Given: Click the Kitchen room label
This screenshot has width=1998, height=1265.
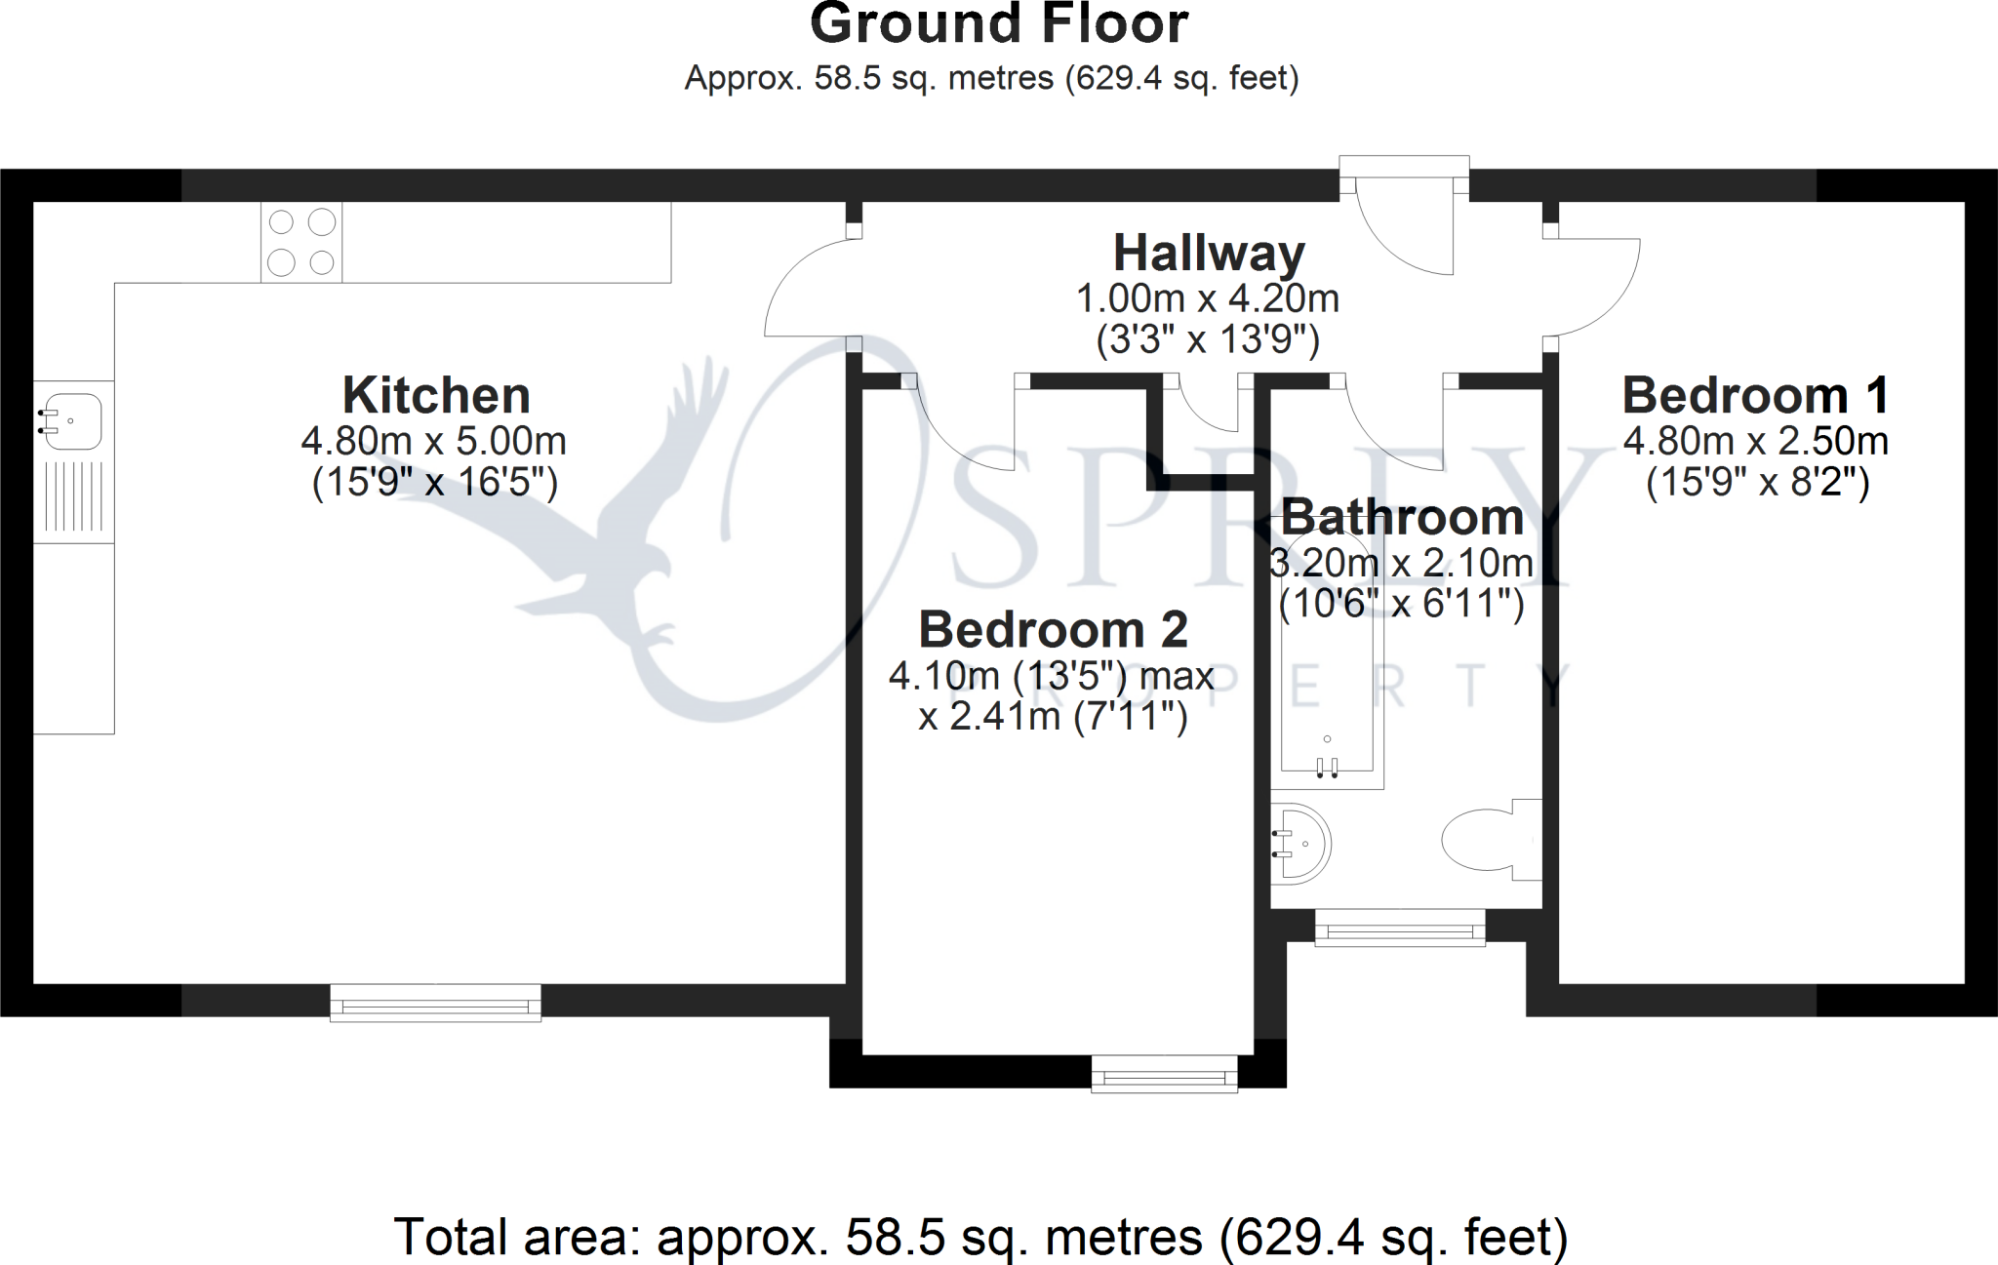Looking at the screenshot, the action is (x=436, y=396).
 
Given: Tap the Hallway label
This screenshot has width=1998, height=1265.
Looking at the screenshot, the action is (x=1209, y=254).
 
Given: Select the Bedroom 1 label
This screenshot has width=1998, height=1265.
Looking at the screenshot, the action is (x=1756, y=396).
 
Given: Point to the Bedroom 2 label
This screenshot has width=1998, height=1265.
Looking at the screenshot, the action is (x=1054, y=630).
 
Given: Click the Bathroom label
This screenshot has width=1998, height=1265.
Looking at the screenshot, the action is (x=1402, y=517).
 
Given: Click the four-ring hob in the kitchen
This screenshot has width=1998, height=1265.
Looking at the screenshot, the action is (x=301, y=242).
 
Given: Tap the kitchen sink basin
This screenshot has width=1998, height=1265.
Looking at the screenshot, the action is (x=69, y=420).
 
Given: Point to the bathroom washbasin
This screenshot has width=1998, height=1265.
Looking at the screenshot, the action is (x=1299, y=844).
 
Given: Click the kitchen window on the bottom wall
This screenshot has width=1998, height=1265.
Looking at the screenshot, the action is (x=435, y=1003).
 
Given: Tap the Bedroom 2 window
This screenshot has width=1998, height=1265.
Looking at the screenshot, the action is (x=1165, y=1074).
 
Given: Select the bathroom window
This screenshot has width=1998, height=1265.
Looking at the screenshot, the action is (x=1400, y=928).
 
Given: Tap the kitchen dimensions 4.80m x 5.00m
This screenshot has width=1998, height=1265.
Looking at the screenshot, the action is (x=434, y=442).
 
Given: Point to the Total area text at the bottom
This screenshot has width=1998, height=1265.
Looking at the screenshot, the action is (x=980, y=1237).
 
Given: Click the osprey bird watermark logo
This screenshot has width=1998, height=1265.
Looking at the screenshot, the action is (x=595, y=527).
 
